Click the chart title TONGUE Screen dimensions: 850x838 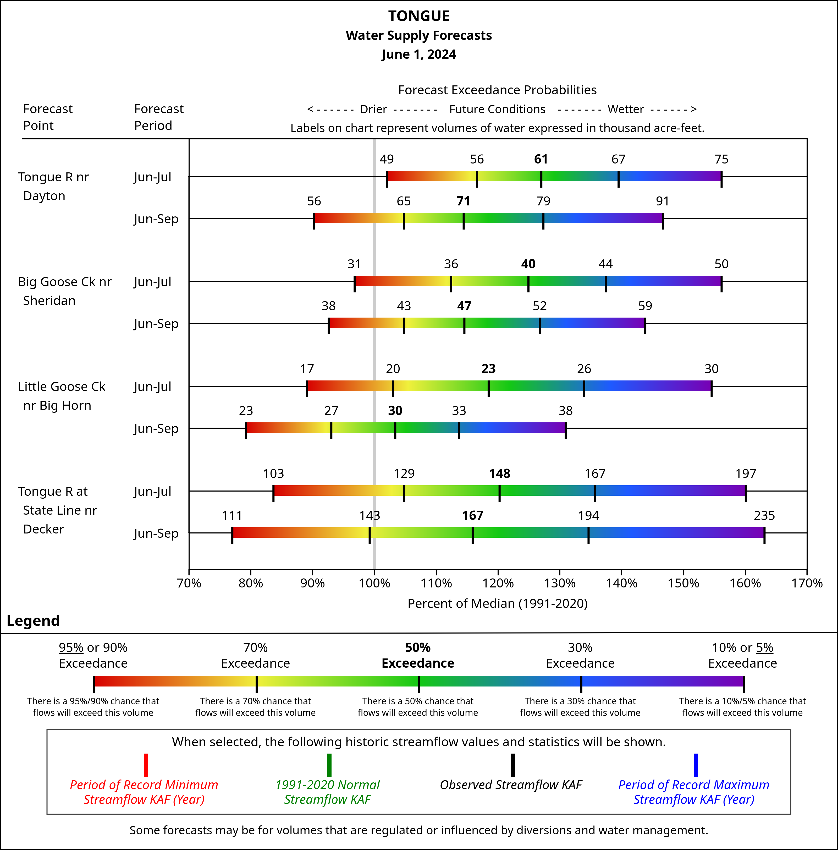click(x=418, y=16)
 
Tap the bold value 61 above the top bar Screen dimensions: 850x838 click(x=541, y=159)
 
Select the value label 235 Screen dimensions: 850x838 click(x=764, y=516)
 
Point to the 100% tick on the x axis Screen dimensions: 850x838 click(x=374, y=583)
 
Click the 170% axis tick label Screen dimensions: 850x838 click(x=807, y=583)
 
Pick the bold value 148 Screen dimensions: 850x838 click(x=499, y=474)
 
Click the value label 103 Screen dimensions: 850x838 click(x=273, y=474)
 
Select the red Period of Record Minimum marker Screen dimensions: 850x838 click(x=146, y=765)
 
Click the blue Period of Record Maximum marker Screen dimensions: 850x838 click(x=696, y=765)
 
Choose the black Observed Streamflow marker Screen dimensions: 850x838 click(x=512, y=765)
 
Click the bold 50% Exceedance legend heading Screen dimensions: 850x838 click(x=418, y=656)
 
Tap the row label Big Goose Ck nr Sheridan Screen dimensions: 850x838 click(x=65, y=291)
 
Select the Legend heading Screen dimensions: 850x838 click(x=33, y=621)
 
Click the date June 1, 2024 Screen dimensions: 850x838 click(x=418, y=55)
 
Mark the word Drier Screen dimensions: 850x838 click(x=373, y=109)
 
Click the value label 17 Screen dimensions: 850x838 click(x=307, y=369)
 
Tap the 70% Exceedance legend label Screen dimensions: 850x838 click(x=255, y=656)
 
